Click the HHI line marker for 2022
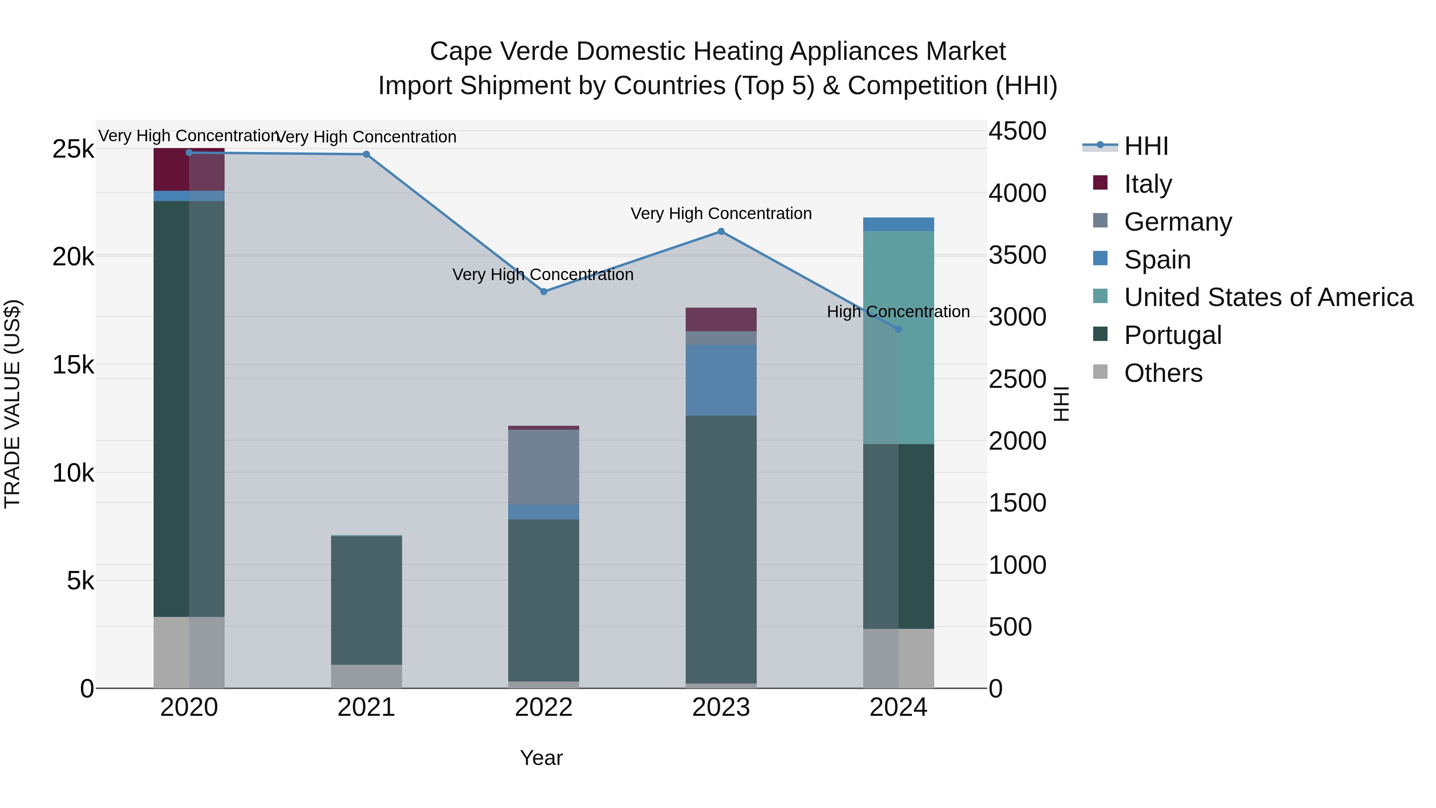click(544, 292)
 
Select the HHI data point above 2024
click(898, 330)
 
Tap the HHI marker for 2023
click(721, 231)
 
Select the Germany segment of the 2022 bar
click(544, 467)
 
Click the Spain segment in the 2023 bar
click(721, 380)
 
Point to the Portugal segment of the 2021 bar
click(366, 600)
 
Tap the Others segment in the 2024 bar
click(898, 658)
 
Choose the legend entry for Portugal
click(1172, 335)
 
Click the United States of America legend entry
click(1268, 297)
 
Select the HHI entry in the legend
click(1146, 146)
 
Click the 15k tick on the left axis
click(73, 365)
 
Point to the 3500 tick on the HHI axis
click(1017, 255)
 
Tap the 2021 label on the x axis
click(366, 707)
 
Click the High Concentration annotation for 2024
click(898, 312)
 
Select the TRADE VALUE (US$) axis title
click(12, 404)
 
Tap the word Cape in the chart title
click(460, 51)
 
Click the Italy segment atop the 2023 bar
click(721, 320)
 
